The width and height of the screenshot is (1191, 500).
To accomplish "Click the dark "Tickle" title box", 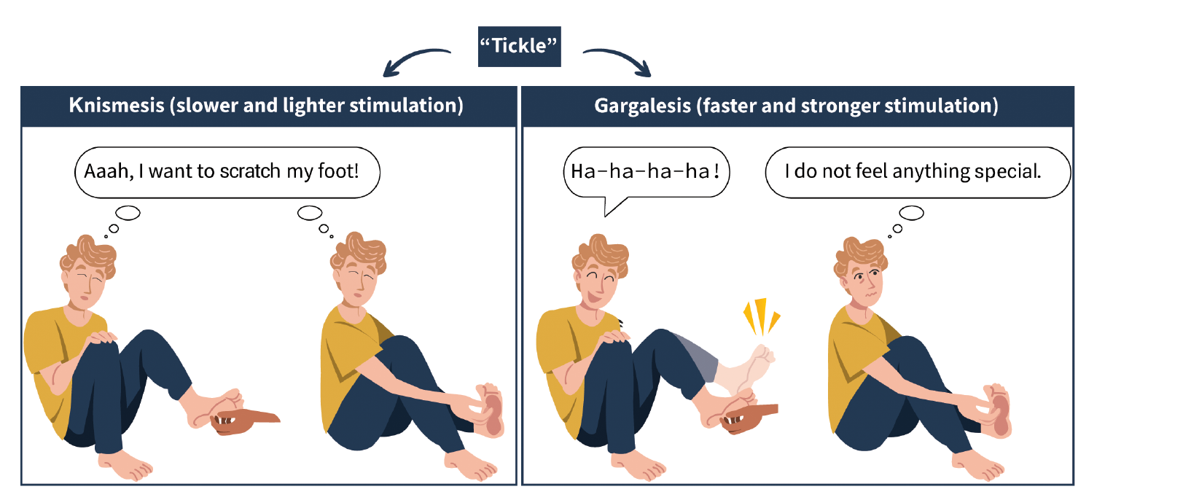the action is (520, 46).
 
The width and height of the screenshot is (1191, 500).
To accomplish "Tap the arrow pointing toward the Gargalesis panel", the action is (621, 58).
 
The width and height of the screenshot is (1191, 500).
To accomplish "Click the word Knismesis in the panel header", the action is (117, 105).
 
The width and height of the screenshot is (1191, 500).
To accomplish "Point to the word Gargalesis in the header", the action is (642, 106).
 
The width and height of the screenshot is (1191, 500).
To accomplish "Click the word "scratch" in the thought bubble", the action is (250, 171).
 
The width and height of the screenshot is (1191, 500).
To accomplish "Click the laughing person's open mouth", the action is (593, 298).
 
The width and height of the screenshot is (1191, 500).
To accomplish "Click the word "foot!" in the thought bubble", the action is (338, 171).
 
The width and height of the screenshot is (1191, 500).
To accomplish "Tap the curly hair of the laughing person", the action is (601, 255).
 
